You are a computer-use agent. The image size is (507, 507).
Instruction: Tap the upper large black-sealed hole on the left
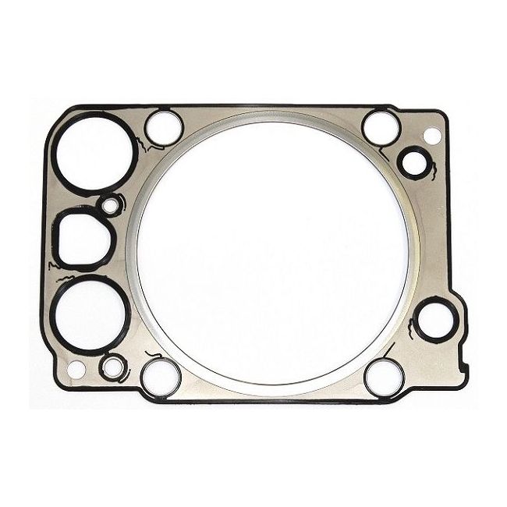click(x=92, y=154)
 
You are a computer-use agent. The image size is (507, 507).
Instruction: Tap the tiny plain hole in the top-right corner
click(x=431, y=136)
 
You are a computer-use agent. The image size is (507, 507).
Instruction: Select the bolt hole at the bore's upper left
click(x=164, y=126)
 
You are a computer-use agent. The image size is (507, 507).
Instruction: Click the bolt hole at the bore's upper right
click(x=381, y=126)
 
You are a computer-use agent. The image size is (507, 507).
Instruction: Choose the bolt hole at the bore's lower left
click(x=161, y=377)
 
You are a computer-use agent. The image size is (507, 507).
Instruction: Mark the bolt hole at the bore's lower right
click(x=384, y=378)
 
